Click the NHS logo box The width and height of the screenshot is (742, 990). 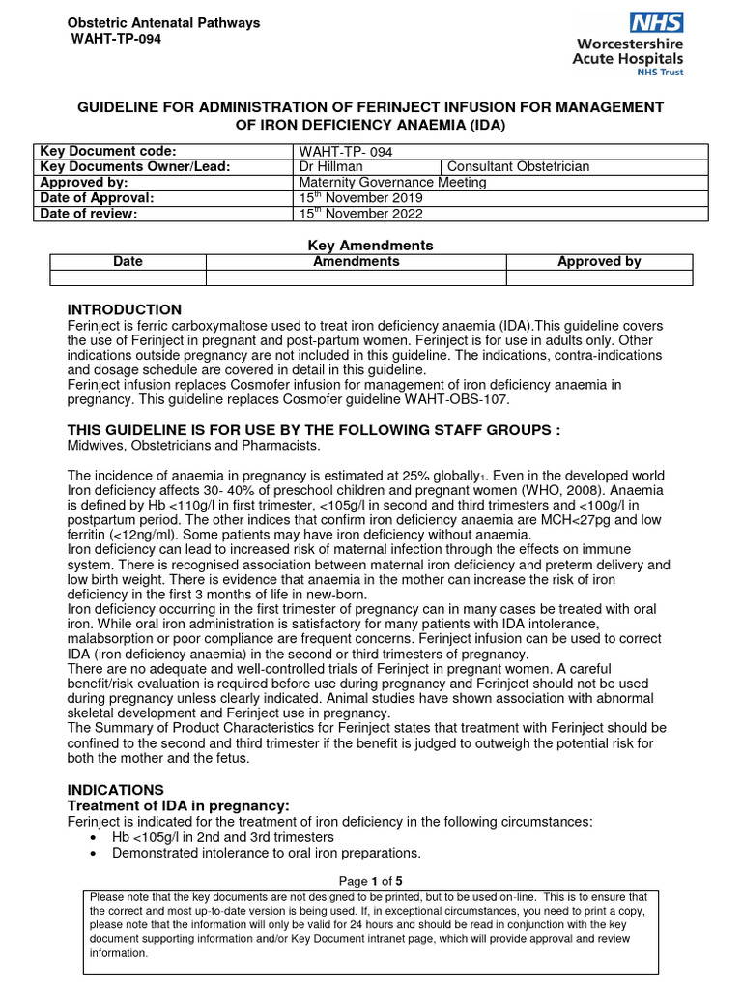(656, 23)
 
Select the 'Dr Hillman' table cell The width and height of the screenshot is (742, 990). (329, 166)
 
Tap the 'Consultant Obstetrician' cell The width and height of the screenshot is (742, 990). (518, 166)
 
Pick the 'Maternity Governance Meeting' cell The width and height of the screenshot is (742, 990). (393, 182)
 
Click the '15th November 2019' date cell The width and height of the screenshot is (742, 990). (361, 198)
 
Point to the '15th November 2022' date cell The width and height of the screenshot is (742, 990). (361, 214)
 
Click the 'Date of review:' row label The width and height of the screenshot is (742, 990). (87, 214)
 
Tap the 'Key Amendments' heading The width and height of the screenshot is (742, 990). (370, 246)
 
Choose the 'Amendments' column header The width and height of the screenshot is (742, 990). (356, 262)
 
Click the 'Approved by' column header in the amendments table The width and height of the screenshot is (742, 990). (599, 262)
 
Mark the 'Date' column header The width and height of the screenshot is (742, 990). (128, 262)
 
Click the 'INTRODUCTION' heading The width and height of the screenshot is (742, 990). (124, 309)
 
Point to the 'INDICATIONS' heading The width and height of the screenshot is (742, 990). (115, 790)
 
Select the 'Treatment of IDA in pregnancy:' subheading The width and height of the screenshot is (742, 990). (177, 806)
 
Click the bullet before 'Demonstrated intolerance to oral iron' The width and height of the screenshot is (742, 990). (92, 854)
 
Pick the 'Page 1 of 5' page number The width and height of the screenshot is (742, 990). (370, 881)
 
